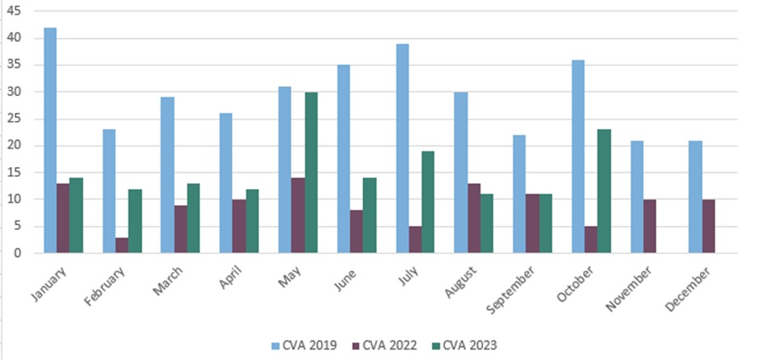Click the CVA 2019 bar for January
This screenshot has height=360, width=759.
click(x=50, y=140)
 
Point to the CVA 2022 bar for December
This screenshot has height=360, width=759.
click(x=707, y=227)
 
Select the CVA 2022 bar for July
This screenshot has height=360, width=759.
click(x=415, y=240)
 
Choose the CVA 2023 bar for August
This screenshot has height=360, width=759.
click(x=487, y=224)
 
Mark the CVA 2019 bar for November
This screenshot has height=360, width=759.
click(x=637, y=197)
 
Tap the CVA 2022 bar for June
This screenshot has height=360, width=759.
click(x=357, y=232)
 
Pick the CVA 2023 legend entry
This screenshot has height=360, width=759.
click(x=465, y=345)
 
